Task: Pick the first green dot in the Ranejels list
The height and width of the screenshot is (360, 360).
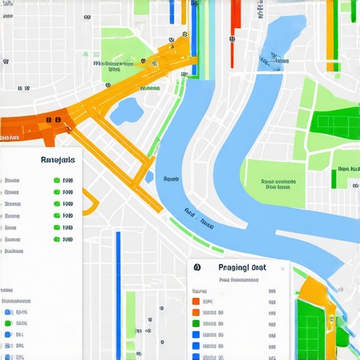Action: (x=57, y=180)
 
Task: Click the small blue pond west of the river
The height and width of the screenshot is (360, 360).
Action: (x=127, y=110)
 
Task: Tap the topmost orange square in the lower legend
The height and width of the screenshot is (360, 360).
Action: (x=195, y=301)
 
